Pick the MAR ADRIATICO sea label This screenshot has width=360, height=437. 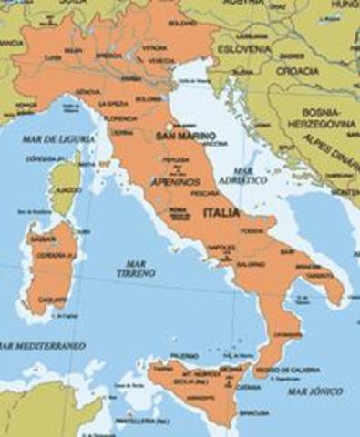pyautogui.click(x=250, y=175)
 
